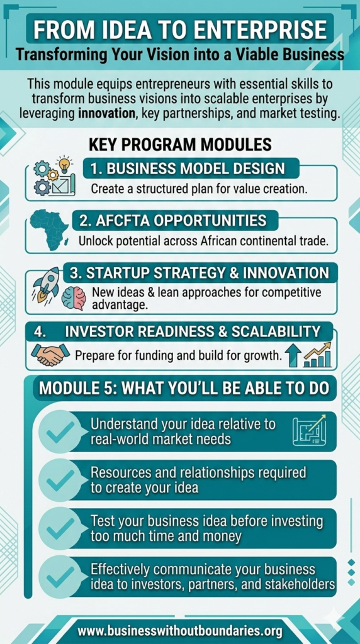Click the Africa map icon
49,229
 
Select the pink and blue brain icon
74,298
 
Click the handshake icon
50,355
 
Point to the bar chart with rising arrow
317,355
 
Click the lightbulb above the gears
64,165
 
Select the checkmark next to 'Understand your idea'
60,431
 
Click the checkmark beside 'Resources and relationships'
60,479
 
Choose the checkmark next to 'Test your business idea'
60,528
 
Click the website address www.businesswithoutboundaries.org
179,630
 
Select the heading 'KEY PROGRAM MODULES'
180,145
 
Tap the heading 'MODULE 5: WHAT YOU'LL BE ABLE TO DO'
184,388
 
